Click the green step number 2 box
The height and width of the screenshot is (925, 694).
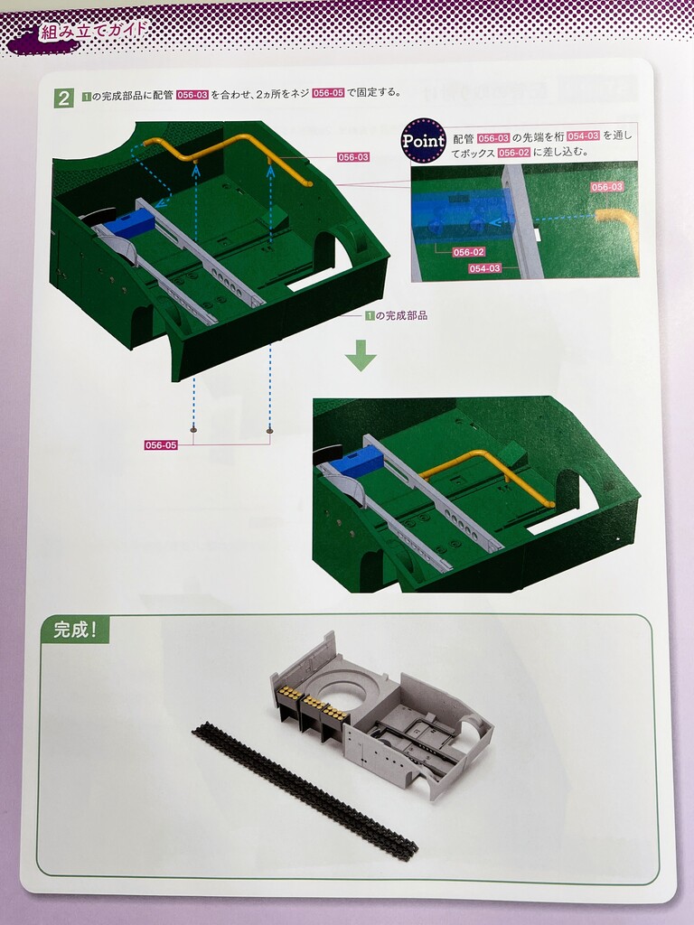click(x=64, y=98)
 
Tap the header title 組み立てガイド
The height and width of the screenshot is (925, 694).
click(x=92, y=32)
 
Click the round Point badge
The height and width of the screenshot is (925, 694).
click(x=423, y=140)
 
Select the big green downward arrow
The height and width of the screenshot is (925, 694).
click(x=361, y=355)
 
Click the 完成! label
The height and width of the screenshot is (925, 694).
click(x=74, y=630)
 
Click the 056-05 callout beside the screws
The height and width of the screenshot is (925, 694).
click(x=161, y=444)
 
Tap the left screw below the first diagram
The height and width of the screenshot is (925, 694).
click(x=193, y=431)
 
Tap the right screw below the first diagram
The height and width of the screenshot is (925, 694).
click(x=269, y=431)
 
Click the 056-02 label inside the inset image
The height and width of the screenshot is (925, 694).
click(x=469, y=252)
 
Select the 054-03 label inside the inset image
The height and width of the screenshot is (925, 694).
click(x=484, y=268)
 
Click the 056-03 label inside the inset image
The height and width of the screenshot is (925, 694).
click(x=606, y=187)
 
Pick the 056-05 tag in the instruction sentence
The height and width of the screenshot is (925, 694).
click(x=328, y=93)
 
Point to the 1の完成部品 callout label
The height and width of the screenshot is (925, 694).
click(x=396, y=315)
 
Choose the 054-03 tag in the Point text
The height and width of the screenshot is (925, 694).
click(x=583, y=136)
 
